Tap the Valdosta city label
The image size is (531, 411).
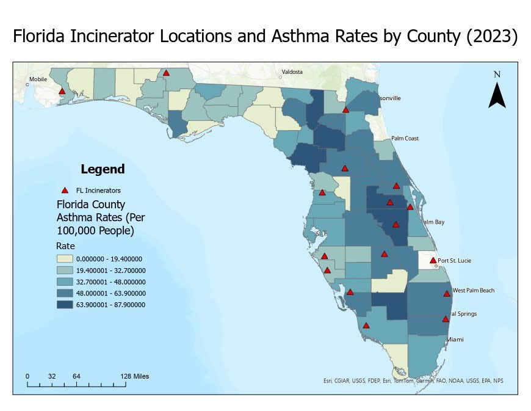[292, 72]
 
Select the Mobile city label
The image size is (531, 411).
[38, 79]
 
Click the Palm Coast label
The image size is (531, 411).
[405, 139]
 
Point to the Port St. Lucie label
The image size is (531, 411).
[454, 261]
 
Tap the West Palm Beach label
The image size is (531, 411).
[473, 291]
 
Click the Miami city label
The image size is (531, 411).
[455, 340]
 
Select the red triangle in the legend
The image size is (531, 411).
[65, 191]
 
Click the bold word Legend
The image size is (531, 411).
[103, 169]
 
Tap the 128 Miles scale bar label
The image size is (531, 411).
[134, 376]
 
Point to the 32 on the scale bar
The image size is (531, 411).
[52, 376]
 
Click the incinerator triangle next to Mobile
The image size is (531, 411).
[62, 92]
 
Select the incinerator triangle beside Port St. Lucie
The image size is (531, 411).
[433, 261]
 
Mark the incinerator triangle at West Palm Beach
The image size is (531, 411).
[447, 293]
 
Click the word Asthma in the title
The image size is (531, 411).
[316, 37]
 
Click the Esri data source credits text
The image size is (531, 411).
[413, 381]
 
